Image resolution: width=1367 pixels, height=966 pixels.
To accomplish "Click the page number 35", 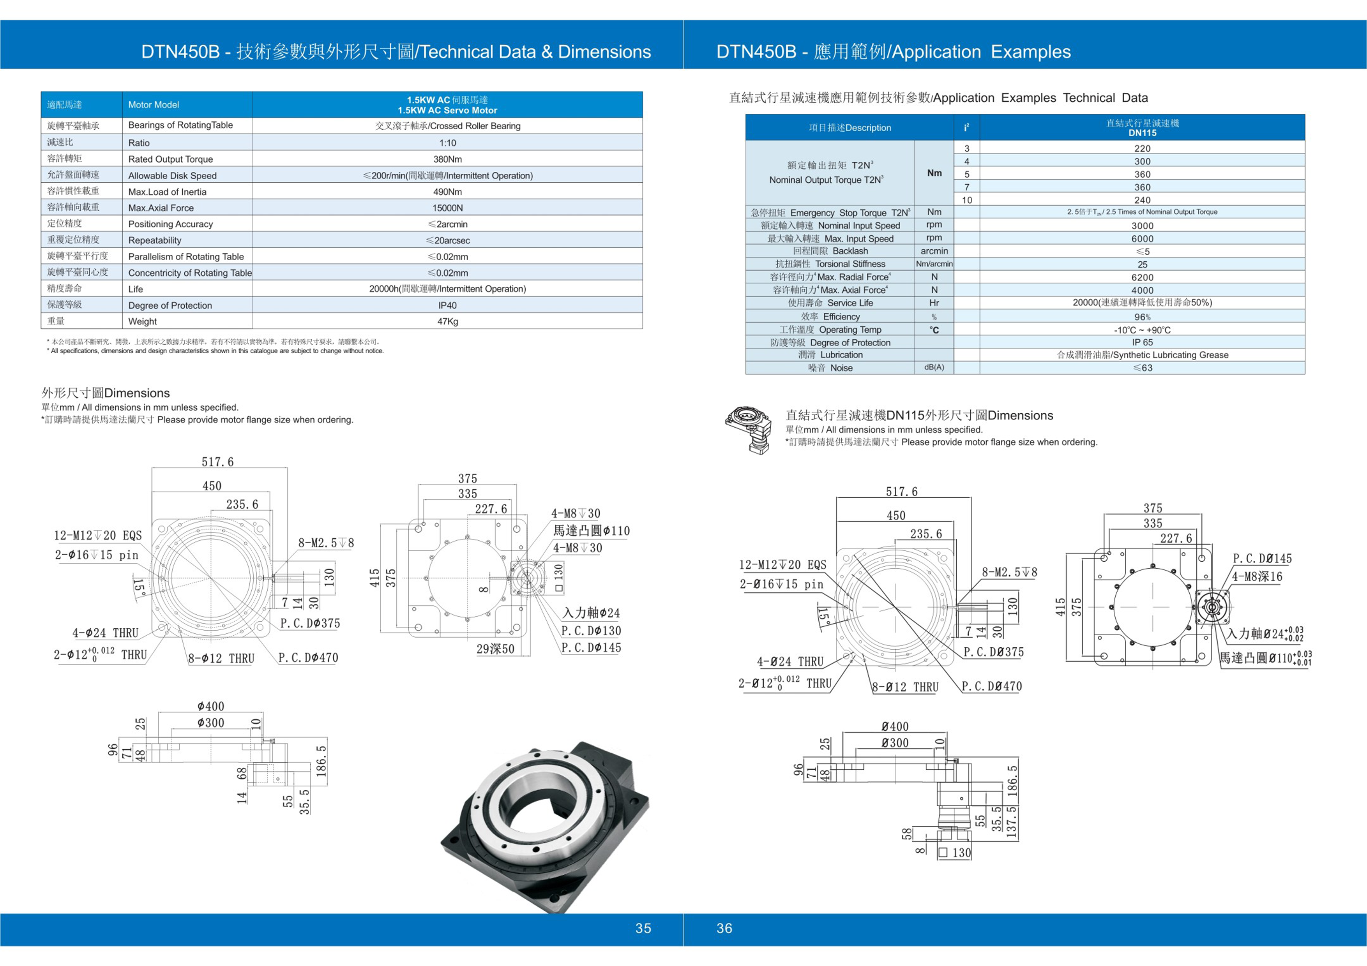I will (643, 928).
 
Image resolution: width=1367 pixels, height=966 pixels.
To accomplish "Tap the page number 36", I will (724, 928).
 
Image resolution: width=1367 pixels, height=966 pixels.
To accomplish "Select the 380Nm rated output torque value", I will (447, 159).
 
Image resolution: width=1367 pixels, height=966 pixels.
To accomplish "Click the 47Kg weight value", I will (447, 321).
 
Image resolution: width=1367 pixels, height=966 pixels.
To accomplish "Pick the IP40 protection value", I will (447, 305).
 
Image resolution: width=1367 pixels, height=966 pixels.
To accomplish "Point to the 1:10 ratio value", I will (447, 143).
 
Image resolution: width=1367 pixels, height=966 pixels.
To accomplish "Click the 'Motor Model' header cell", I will (154, 105).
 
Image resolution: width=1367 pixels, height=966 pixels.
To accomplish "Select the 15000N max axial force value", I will (447, 208).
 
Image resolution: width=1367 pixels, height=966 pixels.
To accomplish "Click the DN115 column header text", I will (1142, 133).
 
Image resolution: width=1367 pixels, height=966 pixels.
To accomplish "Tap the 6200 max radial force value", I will (1142, 277).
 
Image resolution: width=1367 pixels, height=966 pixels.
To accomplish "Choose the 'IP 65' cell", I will (1142, 342).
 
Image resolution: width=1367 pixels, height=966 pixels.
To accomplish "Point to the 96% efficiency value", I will (1142, 317).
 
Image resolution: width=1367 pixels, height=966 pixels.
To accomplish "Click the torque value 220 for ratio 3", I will (1142, 148).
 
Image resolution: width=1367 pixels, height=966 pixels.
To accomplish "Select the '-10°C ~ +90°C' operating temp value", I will (1142, 330).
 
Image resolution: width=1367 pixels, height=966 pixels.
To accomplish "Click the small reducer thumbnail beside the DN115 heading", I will (749, 428).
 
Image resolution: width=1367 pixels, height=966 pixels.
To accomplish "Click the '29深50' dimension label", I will (495, 649).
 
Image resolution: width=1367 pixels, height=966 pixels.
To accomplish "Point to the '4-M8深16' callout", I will (1257, 576).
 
